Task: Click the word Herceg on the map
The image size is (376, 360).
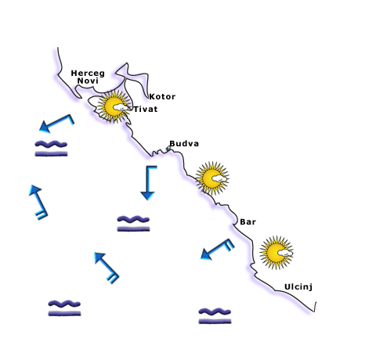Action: pyautogui.click(x=88, y=74)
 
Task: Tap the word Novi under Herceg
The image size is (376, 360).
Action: pyautogui.click(x=88, y=81)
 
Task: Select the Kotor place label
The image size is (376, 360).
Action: pyautogui.click(x=162, y=97)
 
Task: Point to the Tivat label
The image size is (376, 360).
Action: pyautogui.click(x=146, y=109)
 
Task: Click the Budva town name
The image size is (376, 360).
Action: pyautogui.click(x=184, y=143)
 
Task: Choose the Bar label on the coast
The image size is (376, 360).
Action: pyautogui.click(x=248, y=221)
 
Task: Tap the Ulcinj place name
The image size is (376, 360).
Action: pyautogui.click(x=298, y=287)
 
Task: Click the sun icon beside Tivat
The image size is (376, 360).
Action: pyautogui.click(x=114, y=106)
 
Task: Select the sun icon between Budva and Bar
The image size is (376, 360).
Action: pyautogui.click(x=212, y=178)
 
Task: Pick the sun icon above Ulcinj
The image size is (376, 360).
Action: pyautogui.click(x=277, y=253)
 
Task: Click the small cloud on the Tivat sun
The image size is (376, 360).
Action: pyautogui.click(x=120, y=107)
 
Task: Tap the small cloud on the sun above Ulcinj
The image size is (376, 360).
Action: pyautogui.click(x=285, y=253)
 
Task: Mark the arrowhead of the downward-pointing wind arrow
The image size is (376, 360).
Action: pyautogui.click(x=147, y=196)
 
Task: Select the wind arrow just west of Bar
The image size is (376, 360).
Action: pyautogui.click(x=217, y=249)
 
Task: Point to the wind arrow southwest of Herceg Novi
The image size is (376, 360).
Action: pyautogui.click(x=57, y=124)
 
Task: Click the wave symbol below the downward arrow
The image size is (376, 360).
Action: pyautogui.click(x=133, y=224)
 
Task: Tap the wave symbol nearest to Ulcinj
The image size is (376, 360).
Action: pyautogui.click(x=215, y=315)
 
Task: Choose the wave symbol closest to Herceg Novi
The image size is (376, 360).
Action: pyautogui.click(x=51, y=149)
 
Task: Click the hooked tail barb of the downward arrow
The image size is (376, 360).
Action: pyautogui.click(x=152, y=167)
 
